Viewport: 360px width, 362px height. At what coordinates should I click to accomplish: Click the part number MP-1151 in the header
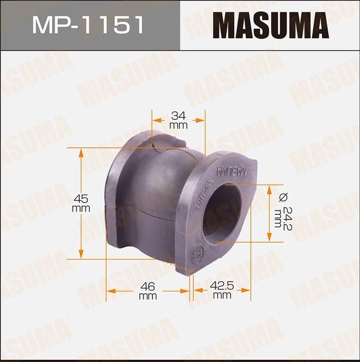pos(89,25)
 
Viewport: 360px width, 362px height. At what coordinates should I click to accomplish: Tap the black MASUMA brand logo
pos(270,25)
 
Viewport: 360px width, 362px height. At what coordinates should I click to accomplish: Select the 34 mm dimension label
pos(178,120)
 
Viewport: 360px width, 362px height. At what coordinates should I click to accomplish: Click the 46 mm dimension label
pos(147,291)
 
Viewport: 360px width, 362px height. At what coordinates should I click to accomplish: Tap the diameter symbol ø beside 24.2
pos(283,196)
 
